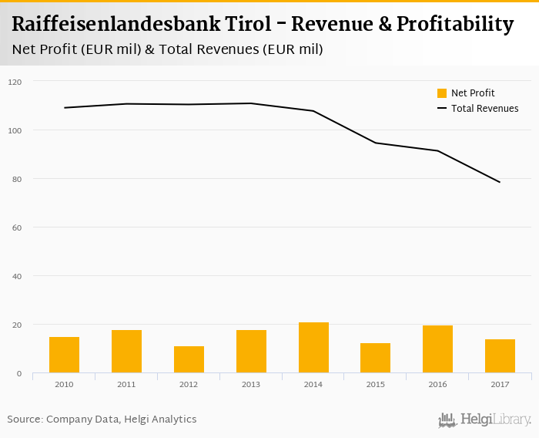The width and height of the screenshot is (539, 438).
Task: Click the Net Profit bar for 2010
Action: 64,355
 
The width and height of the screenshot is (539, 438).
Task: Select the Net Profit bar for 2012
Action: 189,360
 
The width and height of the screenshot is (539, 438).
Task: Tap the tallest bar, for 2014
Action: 313,348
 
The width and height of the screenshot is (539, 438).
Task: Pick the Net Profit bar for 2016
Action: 437,349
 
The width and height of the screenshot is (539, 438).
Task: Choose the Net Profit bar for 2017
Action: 500,356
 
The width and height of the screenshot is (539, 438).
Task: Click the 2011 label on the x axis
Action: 126,383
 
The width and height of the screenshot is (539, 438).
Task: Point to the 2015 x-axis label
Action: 375,383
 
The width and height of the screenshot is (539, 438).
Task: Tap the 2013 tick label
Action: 251,383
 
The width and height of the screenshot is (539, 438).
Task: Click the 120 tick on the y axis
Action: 15,82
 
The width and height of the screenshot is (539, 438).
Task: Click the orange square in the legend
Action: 442,93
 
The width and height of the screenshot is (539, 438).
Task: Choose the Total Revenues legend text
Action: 485,109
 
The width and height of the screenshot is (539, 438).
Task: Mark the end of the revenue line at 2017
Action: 500,182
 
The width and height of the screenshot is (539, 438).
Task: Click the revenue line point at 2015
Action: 375,143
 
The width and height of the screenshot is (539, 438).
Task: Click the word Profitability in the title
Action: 454,24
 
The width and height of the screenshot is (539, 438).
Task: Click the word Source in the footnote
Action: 23,419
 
